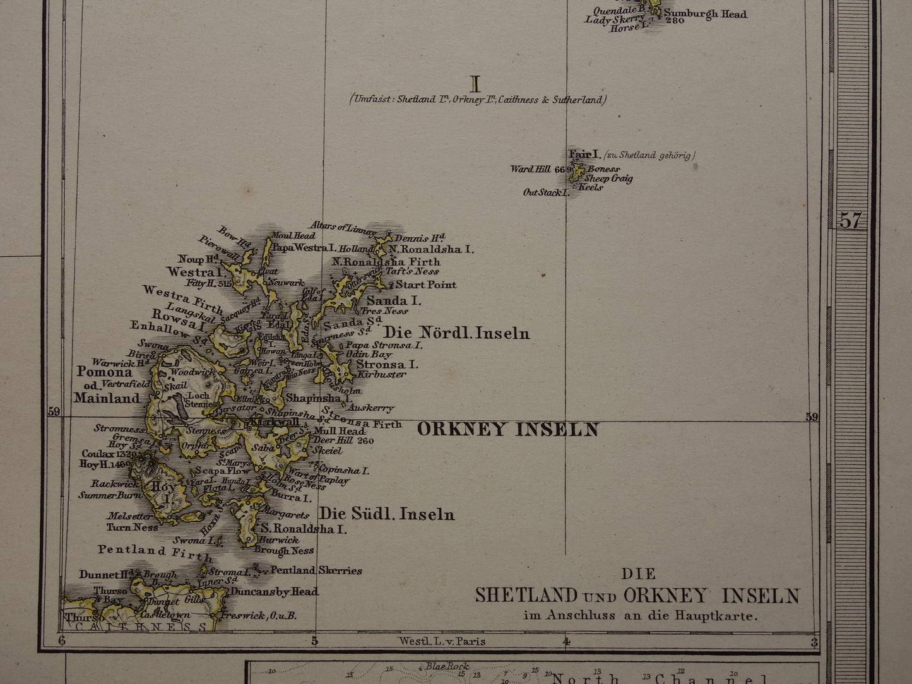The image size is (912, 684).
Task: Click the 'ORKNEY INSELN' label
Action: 507,430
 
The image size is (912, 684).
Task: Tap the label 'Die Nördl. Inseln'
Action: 457,333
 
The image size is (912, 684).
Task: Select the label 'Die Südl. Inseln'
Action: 386,514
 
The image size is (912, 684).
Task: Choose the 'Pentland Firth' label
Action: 155,552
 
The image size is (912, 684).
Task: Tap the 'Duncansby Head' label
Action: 274,592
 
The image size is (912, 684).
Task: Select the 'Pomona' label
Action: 105,372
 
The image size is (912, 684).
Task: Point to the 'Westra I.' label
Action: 196,272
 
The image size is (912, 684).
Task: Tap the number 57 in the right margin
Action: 850,220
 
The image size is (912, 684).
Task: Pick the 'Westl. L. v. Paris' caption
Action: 442,641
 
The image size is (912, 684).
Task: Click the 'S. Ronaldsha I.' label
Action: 304,529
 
